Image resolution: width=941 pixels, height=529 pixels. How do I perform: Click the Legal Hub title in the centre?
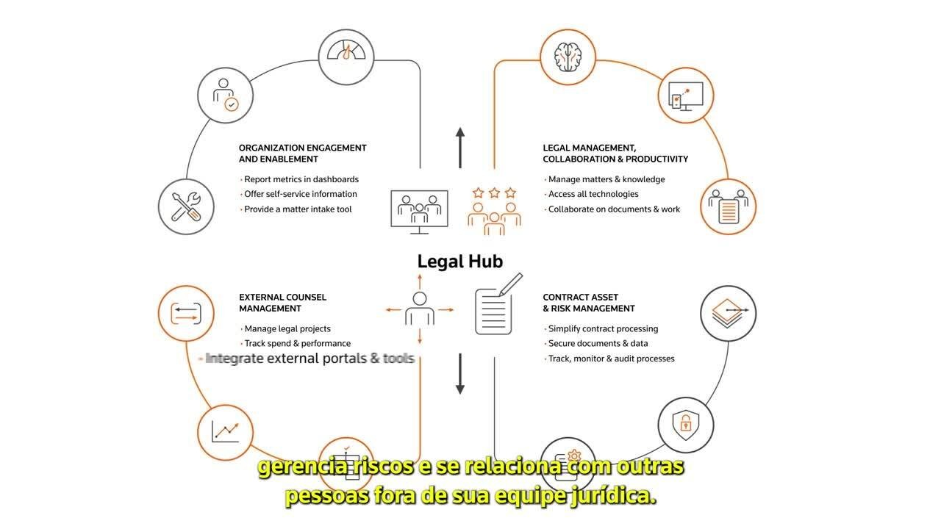[460, 262]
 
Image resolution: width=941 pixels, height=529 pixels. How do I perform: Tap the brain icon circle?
[568, 57]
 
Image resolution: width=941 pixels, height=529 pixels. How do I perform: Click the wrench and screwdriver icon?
[186, 206]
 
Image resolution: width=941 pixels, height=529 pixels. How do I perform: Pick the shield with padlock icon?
[686, 425]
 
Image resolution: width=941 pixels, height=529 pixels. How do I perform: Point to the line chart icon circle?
[225, 433]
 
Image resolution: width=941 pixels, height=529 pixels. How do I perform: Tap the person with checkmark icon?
[225, 96]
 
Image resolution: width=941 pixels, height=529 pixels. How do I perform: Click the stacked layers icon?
[728, 313]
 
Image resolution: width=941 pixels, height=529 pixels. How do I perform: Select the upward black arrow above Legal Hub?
[460, 148]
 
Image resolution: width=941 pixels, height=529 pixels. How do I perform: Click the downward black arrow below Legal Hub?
[460, 374]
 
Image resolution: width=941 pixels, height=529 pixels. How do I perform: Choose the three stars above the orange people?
[495, 192]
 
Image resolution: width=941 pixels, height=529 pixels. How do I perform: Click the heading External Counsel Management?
[282, 303]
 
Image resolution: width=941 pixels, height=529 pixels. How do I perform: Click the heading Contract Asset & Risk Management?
[589, 303]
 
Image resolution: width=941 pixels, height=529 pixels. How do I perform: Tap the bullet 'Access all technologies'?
[593, 194]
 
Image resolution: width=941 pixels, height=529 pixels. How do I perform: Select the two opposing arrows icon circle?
[186, 313]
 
